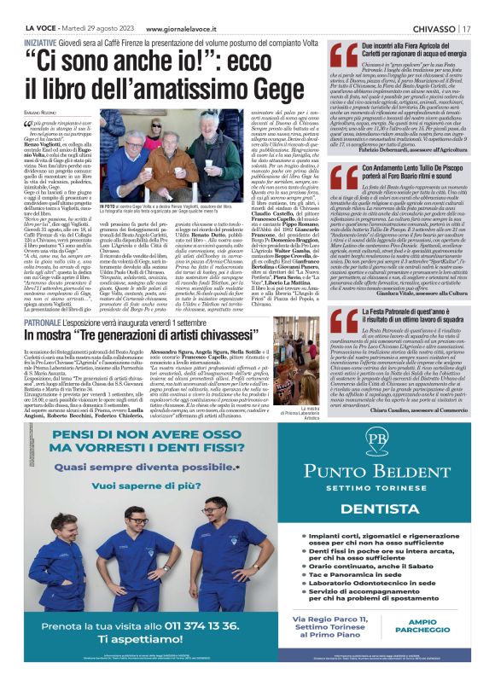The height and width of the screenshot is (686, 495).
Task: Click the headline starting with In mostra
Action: point(143,337)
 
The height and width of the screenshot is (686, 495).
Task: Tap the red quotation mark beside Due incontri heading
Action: point(344,56)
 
